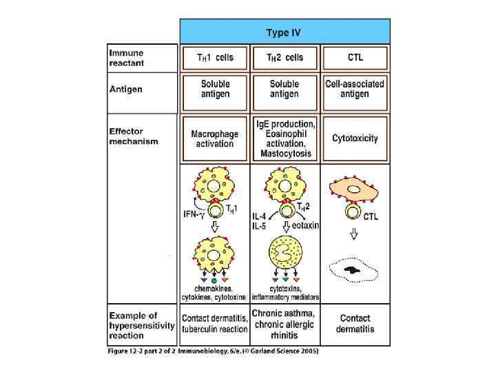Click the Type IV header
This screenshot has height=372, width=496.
click(284, 32)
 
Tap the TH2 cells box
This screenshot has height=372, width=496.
click(284, 58)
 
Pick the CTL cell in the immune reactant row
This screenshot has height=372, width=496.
click(355, 58)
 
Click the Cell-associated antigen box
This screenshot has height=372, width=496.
click(355, 88)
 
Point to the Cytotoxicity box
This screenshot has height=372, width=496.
click(355, 138)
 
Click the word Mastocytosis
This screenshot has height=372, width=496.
click(284, 154)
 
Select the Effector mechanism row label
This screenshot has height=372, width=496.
click(134, 135)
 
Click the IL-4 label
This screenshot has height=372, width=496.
click(258, 216)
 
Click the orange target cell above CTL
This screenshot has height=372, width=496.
click(355, 190)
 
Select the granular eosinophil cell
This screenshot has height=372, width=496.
click(284, 255)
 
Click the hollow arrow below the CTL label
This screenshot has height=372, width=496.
click(355, 234)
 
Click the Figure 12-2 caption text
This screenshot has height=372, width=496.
click(214, 351)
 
